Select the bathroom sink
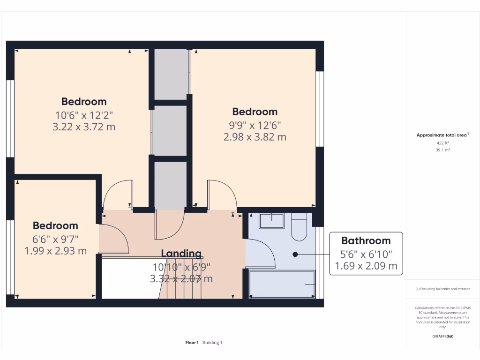(271, 221)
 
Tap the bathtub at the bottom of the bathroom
(282, 284)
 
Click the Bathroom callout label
(366, 241)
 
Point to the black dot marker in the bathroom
(295, 255)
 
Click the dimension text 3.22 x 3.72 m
(84, 127)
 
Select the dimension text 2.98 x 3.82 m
(255, 137)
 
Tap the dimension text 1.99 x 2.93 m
(55, 251)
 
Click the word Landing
(181, 254)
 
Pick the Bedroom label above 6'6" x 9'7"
(55, 226)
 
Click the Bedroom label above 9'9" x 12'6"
(255, 112)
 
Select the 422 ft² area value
(442, 143)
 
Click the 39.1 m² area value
(442, 150)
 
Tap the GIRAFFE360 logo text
(442, 336)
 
